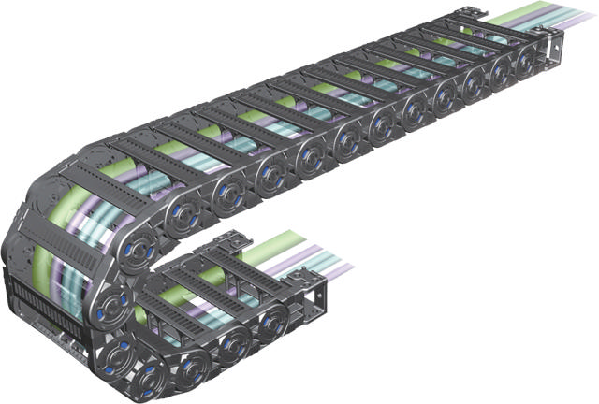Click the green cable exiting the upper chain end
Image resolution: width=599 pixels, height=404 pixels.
513,17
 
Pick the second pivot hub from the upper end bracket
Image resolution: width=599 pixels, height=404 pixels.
499,74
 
